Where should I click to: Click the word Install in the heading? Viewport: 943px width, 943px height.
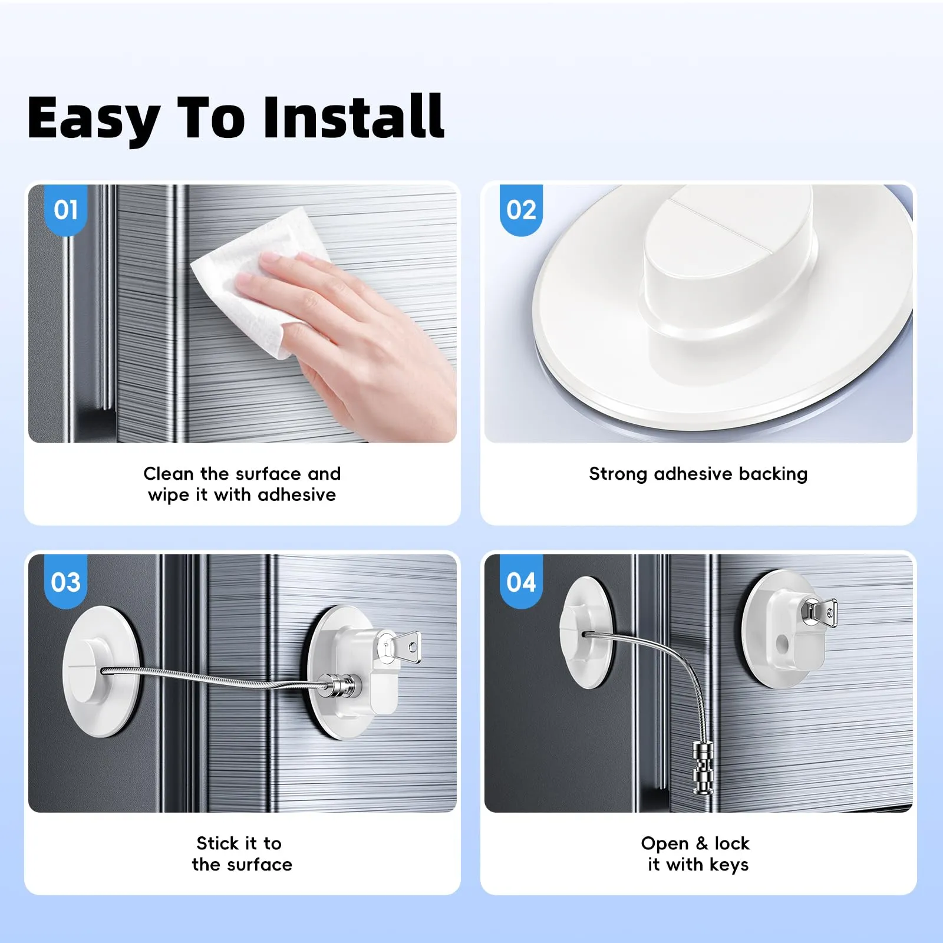pos(354,117)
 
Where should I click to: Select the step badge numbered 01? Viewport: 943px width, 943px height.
pos(65,210)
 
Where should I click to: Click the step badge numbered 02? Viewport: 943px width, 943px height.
pos(521,210)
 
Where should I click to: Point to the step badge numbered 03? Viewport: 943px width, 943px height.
pos(65,582)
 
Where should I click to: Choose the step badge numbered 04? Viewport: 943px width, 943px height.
pos(521,582)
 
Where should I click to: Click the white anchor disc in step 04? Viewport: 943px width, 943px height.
pos(587,632)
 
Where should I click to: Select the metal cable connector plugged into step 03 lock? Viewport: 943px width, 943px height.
pos(340,685)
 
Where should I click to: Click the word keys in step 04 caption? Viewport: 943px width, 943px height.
pos(729,865)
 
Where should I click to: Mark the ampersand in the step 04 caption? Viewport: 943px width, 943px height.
pos(701,843)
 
